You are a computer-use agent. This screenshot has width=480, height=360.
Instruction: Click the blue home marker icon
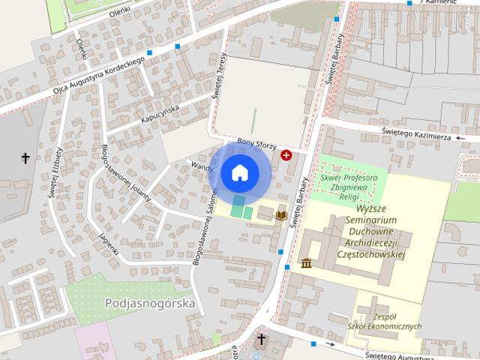click(239, 172)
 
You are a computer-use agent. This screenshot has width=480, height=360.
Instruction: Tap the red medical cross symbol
click(286, 154)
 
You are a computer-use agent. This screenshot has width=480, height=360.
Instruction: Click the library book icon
click(281, 215)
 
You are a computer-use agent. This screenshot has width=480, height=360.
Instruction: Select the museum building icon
click(307, 263)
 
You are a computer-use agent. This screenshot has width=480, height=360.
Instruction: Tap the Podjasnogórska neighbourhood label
click(150, 304)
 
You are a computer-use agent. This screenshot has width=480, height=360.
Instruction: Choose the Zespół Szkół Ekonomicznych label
click(385, 322)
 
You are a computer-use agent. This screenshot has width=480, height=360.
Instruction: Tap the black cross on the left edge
click(25, 158)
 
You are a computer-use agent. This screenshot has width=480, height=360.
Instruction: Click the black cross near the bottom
click(261, 339)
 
